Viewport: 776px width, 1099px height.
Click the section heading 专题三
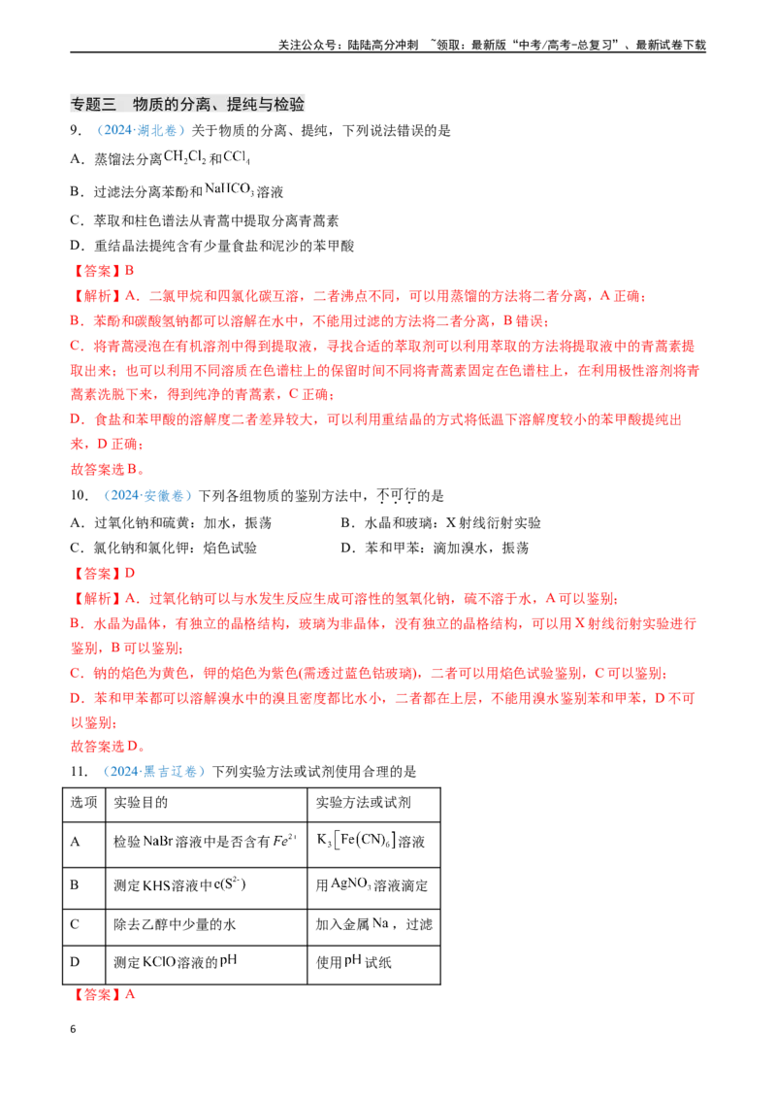tap(93, 105)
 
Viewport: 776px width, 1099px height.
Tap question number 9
tap(76, 131)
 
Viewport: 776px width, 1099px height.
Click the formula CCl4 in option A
tap(237, 157)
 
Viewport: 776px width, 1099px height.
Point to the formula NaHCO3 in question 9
tap(229, 189)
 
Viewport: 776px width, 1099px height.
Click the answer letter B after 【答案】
tap(129, 271)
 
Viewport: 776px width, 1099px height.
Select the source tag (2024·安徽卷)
tap(147, 495)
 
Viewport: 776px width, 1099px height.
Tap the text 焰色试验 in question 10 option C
tap(230, 548)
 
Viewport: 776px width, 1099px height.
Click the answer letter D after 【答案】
tap(129, 574)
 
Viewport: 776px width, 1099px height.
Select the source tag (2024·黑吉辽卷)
tap(154, 772)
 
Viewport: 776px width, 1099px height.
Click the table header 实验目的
tap(141, 803)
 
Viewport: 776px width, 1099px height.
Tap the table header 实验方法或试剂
tap(363, 803)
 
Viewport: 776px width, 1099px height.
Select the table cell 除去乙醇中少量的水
tap(175, 924)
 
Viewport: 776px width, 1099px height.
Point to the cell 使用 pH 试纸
tap(354, 961)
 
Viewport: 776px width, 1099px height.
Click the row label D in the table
tap(75, 961)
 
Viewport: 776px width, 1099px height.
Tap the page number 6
tap(73, 1029)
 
